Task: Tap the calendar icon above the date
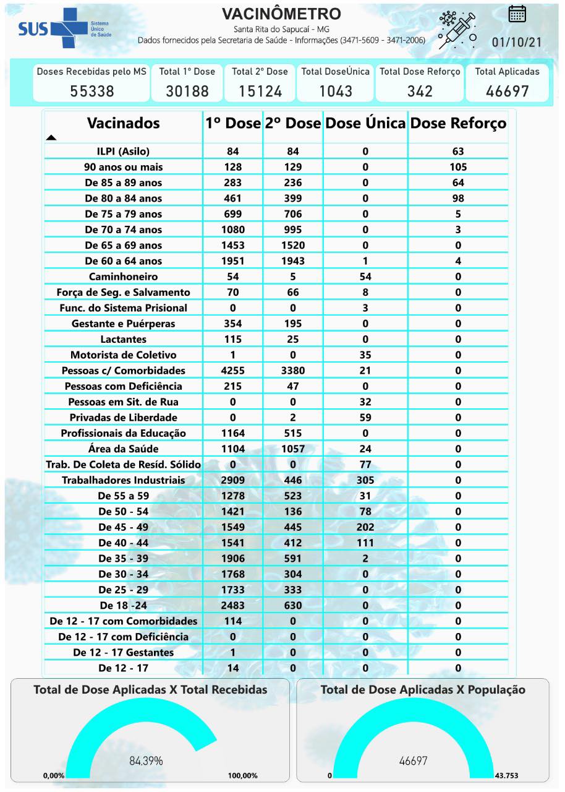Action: tap(517, 14)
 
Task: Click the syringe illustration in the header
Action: tap(457, 29)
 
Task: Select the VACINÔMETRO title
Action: tap(281, 14)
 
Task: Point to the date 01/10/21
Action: tap(517, 43)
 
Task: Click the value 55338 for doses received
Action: tap(91, 92)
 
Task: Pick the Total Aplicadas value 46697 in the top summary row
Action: tap(507, 92)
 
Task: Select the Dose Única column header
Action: tap(365, 123)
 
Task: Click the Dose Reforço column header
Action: tap(458, 123)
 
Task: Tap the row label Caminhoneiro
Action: tap(123, 277)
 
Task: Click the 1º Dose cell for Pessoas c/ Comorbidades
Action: tap(233, 371)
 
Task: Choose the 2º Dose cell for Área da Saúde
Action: tap(293, 449)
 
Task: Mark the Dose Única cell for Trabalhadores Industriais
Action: tap(365, 480)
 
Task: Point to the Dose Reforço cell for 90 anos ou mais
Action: tap(458, 167)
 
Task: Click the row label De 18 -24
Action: tap(123, 605)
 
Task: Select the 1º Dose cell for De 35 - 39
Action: tap(233, 558)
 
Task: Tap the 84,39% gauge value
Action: tap(146, 761)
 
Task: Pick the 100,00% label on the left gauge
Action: tap(242, 776)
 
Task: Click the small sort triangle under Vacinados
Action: tap(51, 137)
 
